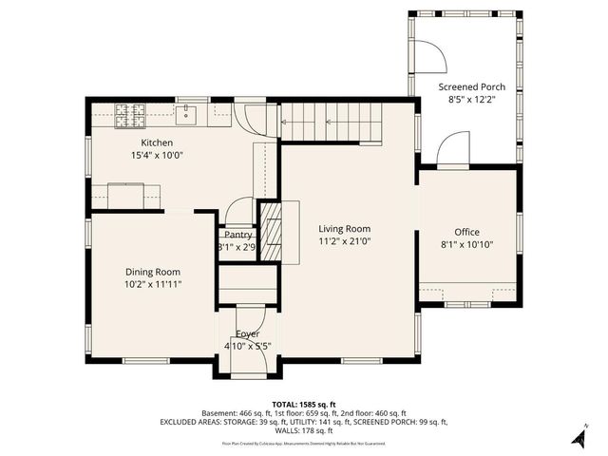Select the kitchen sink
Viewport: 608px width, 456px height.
click(x=186, y=115)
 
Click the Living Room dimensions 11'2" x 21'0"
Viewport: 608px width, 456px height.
click(x=344, y=241)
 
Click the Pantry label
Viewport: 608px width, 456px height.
click(x=237, y=235)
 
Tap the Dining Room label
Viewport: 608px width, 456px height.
click(x=152, y=271)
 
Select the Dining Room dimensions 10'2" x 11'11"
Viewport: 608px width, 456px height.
click(x=152, y=284)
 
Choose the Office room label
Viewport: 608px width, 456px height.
click(x=466, y=232)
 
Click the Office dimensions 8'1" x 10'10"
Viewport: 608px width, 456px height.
click(x=466, y=245)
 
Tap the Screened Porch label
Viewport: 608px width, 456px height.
click(x=471, y=86)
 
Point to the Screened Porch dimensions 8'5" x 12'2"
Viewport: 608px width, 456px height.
click(x=471, y=100)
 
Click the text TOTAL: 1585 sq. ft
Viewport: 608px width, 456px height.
click(x=304, y=404)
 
